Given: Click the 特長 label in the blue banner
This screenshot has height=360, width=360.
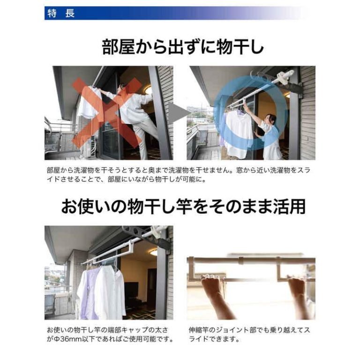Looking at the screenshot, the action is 61,13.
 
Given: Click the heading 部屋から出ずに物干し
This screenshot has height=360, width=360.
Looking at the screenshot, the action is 183,47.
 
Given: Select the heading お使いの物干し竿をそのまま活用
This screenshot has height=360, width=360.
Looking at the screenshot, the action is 183,206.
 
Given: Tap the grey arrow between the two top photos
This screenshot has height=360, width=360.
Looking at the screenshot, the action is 180,113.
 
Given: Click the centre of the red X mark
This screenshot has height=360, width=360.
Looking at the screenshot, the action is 108,112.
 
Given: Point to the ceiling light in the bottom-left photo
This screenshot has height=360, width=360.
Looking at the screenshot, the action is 154,253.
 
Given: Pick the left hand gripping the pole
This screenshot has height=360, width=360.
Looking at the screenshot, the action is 210,282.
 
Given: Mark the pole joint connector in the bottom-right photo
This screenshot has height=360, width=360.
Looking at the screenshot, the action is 240,261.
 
